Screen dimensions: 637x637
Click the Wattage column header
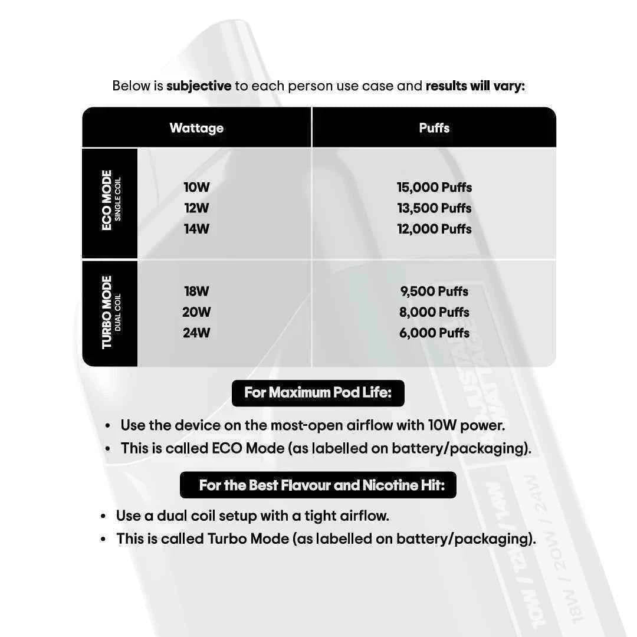click(x=196, y=128)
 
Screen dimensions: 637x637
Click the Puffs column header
click(x=434, y=128)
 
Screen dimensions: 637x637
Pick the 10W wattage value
click(x=196, y=188)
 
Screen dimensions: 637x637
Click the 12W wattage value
click(x=196, y=208)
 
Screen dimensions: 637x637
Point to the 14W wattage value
click(x=196, y=229)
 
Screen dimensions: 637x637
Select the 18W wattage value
click(x=196, y=291)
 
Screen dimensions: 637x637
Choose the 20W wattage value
click(x=196, y=312)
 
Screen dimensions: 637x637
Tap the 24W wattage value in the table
click(x=196, y=333)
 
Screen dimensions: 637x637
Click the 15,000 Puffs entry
click(x=434, y=188)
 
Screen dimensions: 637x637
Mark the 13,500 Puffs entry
click(x=434, y=208)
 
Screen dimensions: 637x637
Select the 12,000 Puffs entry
click(x=434, y=229)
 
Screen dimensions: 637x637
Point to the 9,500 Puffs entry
click(x=434, y=291)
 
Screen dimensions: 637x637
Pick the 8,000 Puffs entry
click(x=434, y=312)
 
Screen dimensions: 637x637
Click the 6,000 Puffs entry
click(x=434, y=333)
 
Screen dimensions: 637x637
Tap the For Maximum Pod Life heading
click(x=318, y=393)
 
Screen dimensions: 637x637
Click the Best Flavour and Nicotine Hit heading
click(x=318, y=485)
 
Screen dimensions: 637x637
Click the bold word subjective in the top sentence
click(x=199, y=86)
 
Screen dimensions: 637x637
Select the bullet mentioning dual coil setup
click(x=252, y=516)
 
